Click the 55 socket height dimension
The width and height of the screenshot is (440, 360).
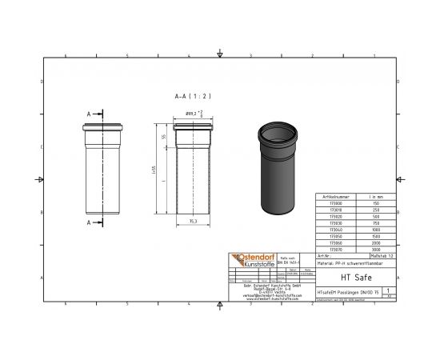(164, 138)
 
